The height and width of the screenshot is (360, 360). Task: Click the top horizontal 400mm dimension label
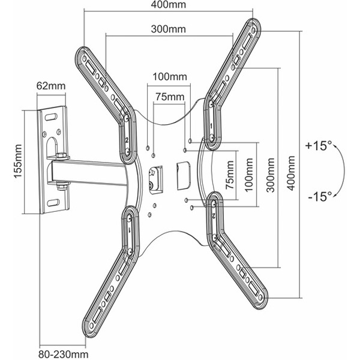point(169,5)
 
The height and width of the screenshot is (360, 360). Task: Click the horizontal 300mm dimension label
point(169,29)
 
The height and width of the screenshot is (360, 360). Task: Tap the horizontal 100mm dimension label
point(170,77)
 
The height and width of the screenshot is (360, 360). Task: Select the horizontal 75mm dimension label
point(170,97)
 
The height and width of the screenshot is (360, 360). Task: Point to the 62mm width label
point(51,86)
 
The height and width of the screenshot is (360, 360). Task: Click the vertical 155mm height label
point(18,161)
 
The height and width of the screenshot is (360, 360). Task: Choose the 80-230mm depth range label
point(64,354)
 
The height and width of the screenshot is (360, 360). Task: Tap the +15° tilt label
point(319,146)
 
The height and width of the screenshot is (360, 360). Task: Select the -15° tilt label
point(320,196)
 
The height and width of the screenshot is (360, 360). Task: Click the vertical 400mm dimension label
point(291,173)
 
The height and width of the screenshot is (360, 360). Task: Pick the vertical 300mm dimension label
point(271,175)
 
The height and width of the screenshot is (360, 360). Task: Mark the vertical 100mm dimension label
point(249,175)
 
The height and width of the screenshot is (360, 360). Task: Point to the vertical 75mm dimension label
point(230,175)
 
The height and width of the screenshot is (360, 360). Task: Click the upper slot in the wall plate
point(51,117)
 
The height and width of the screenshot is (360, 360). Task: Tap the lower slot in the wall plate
point(53,203)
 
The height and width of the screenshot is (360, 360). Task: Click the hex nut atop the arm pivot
point(61,156)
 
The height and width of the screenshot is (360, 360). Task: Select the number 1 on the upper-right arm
point(211,126)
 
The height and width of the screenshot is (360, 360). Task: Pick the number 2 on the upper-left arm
point(127,140)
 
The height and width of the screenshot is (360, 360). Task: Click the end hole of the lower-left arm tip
point(91,326)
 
